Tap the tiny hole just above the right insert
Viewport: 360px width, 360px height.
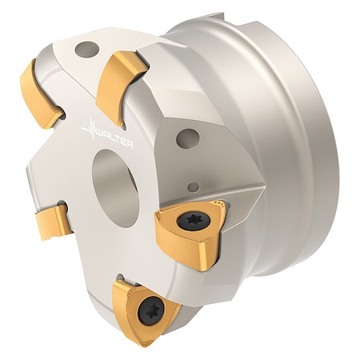point(191,188)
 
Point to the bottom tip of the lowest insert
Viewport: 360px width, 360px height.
point(146,342)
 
